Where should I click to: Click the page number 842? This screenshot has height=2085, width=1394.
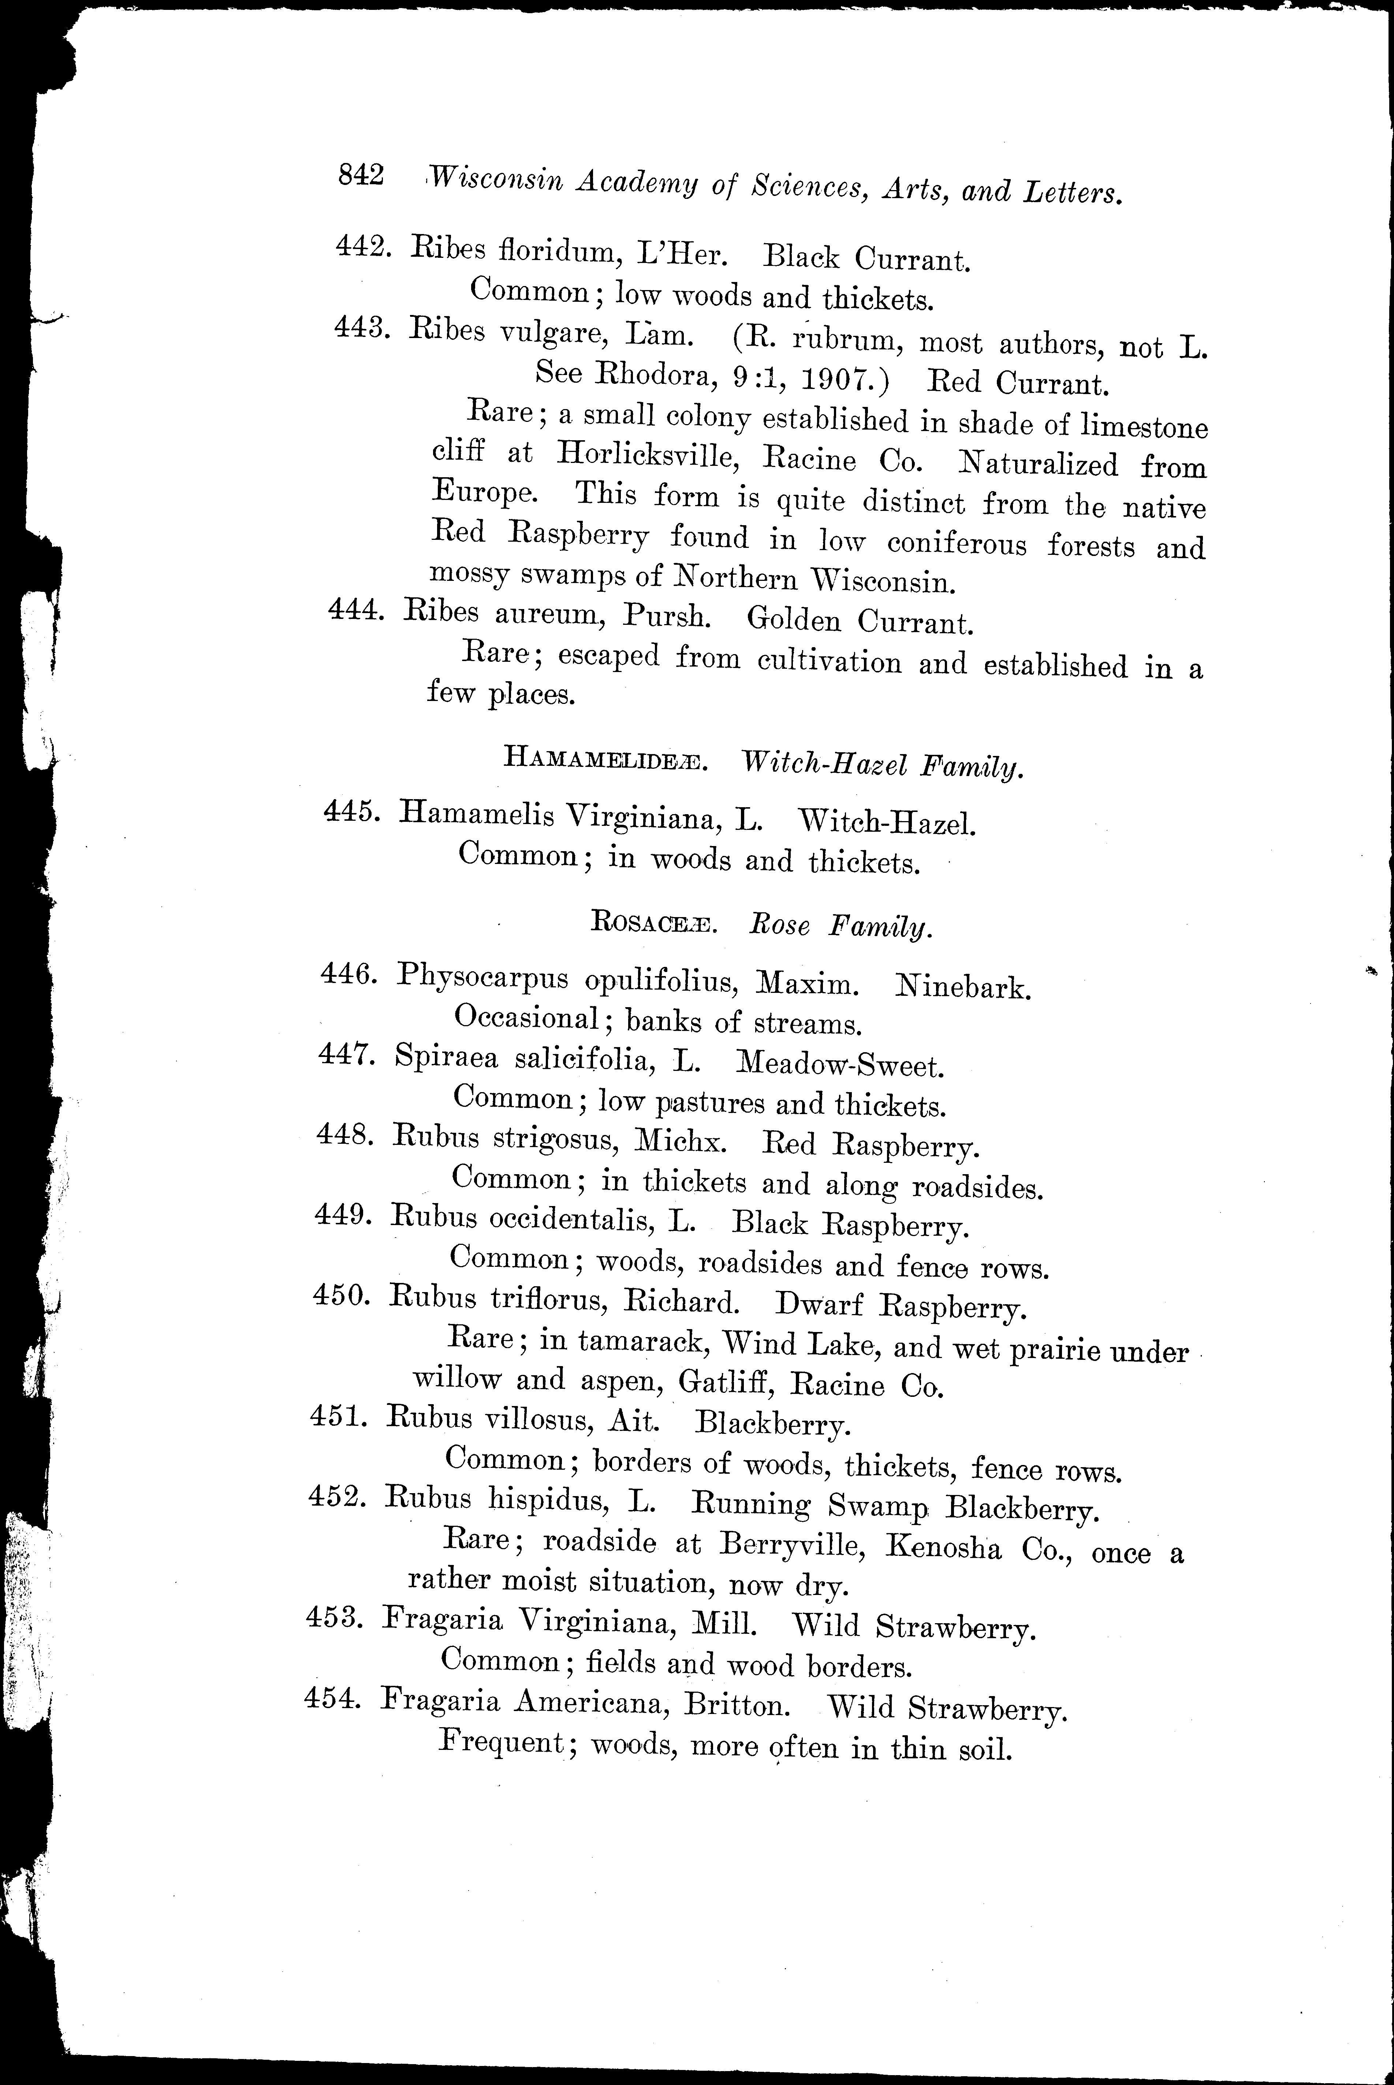click(360, 175)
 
